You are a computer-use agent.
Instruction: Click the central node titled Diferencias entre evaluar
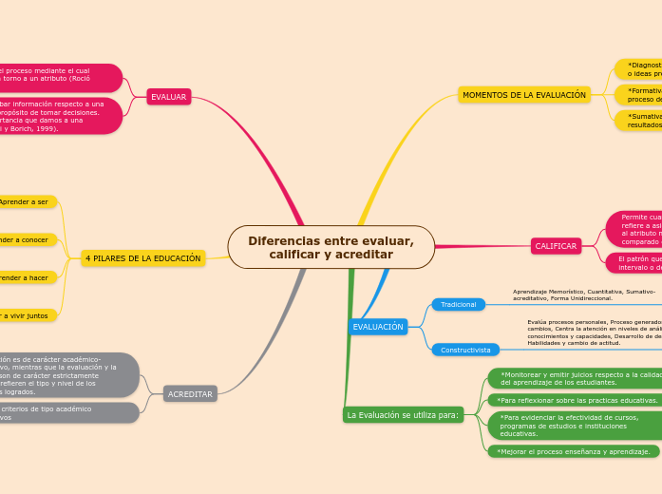click(x=331, y=248)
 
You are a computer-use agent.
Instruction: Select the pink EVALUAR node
click(x=169, y=96)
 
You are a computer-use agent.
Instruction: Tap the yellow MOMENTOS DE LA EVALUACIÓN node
click(x=524, y=95)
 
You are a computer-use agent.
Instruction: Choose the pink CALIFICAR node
click(x=556, y=246)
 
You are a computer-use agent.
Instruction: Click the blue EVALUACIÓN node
click(x=378, y=327)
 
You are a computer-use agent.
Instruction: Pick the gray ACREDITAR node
click(x=190, y=393)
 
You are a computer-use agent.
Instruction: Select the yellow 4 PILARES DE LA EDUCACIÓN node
click(x=142, y=258)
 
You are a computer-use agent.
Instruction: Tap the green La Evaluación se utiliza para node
click(x=403, y=415)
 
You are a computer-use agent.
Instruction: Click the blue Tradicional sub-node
click(x=458, y=304)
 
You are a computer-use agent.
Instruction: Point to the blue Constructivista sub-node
click(x=465, y=350)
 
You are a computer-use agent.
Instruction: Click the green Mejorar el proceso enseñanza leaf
click(x=574, y=451)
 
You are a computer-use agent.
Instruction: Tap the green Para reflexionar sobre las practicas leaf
click(x=577, y=400)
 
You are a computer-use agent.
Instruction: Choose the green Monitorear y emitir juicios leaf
click(x=577, y=378)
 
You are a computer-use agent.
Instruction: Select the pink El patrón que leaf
click(x=634, y=262)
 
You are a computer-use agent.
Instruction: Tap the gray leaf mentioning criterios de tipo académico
click(x=66, y=412)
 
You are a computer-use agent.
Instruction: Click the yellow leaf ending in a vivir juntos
click(x=27, y=315)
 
